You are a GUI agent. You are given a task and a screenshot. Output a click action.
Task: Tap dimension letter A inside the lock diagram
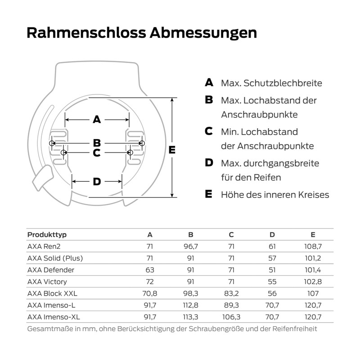coord(97,120)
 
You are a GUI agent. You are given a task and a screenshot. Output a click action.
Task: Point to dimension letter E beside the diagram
coord(171,150)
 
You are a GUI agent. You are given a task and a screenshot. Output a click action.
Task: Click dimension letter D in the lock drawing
coord(97,182)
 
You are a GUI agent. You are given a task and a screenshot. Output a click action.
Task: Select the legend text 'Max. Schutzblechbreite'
coord(271,83)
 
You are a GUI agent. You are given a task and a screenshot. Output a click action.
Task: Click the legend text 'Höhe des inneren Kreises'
coord(275,195)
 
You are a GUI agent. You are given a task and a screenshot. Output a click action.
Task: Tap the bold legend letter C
coord(209,131)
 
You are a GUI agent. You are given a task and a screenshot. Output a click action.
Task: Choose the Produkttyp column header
coord(47,235)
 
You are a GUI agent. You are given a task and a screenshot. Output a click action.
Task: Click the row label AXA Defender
coord(51,270)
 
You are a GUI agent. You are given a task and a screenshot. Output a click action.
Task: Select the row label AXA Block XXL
coord(52,293)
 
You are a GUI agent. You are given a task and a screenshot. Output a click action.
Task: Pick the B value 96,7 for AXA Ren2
coord(190,247)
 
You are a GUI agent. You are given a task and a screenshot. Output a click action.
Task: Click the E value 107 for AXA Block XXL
coord(313,293)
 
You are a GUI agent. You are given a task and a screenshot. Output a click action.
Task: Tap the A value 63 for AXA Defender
coord(150,270)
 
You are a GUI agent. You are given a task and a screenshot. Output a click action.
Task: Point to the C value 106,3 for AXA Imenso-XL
coord(231,317)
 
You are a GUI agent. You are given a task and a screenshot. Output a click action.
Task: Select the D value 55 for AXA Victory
coord(272,282)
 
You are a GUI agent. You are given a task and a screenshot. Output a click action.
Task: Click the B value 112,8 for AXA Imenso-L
coord(190,305)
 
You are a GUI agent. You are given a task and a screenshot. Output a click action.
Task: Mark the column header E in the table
coord(313,235)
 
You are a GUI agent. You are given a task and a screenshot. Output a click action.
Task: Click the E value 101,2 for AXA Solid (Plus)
coord(313,258)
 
